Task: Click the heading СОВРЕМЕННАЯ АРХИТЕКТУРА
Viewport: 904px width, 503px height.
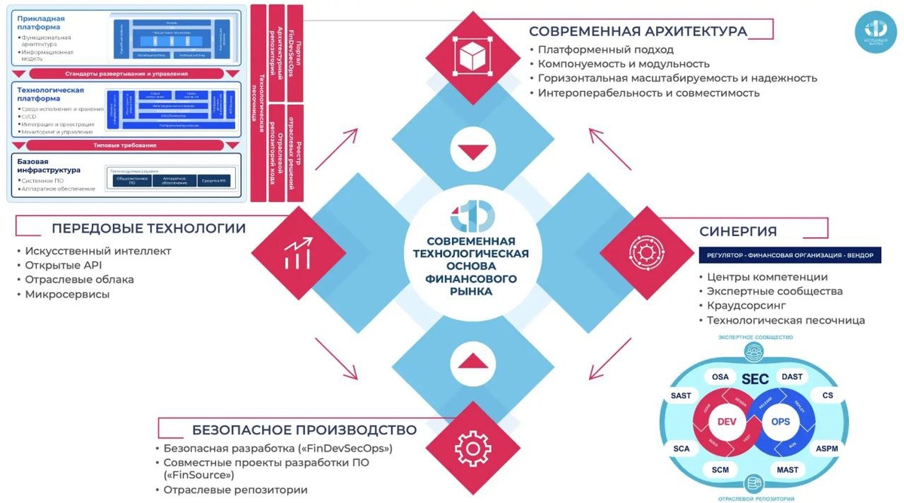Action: pos(637,31)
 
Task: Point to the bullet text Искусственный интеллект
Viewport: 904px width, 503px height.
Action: pos(98,251)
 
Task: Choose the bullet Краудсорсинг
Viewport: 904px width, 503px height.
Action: pos(746,306)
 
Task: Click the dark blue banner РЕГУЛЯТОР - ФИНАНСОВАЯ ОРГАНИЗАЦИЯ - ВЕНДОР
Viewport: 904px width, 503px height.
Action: pos(789,255)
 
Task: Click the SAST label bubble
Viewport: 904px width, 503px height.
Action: pos(681,395)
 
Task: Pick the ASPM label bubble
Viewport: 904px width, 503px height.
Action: pos(826,448)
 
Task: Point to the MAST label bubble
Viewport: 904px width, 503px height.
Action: pos(787,470)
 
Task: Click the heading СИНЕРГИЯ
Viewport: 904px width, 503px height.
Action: pos(738,231)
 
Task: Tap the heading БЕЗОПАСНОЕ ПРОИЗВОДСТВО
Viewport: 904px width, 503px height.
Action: pos(304,430)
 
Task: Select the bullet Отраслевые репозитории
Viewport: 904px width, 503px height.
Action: pos(236,489)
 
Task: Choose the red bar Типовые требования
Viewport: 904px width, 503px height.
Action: pos(125,145)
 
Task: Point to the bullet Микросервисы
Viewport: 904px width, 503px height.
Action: pos(67,294)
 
